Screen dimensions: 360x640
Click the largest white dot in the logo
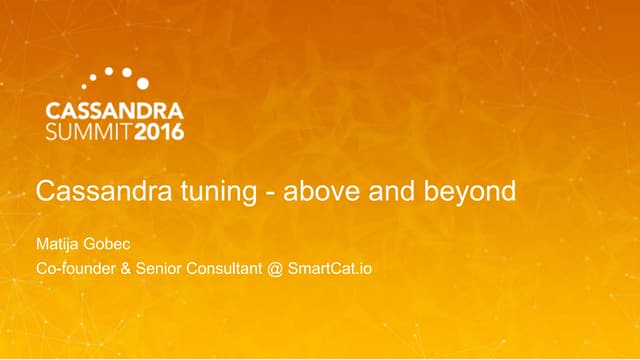143,83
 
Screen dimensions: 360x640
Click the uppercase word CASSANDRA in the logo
114,110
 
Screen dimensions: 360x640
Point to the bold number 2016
157,131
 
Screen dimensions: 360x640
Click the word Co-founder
77,269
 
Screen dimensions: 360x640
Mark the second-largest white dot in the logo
126,72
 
